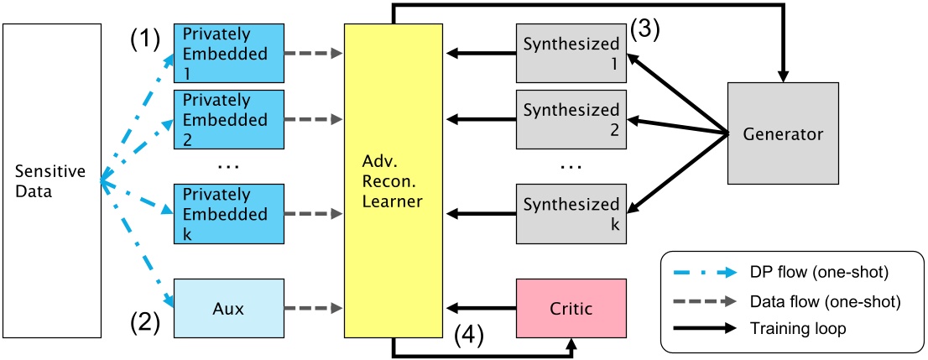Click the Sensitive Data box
[50, 180]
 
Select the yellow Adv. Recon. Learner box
[394, 180]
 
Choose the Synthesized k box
[571, 213]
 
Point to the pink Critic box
[571, 308]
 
